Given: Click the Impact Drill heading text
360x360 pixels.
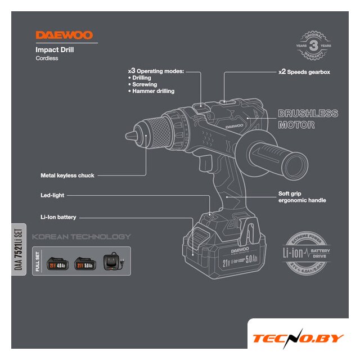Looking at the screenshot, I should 55,49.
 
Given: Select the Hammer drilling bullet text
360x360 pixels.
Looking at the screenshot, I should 153,91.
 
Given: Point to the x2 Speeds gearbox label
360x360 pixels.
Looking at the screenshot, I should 304,72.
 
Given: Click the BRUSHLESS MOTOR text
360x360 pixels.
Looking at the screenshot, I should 308,119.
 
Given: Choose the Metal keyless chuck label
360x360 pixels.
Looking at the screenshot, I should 67,175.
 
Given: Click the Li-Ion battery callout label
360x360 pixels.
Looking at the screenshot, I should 58,217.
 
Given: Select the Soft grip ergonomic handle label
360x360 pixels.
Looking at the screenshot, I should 302,197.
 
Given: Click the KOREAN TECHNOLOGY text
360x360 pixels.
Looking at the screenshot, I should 81,237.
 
